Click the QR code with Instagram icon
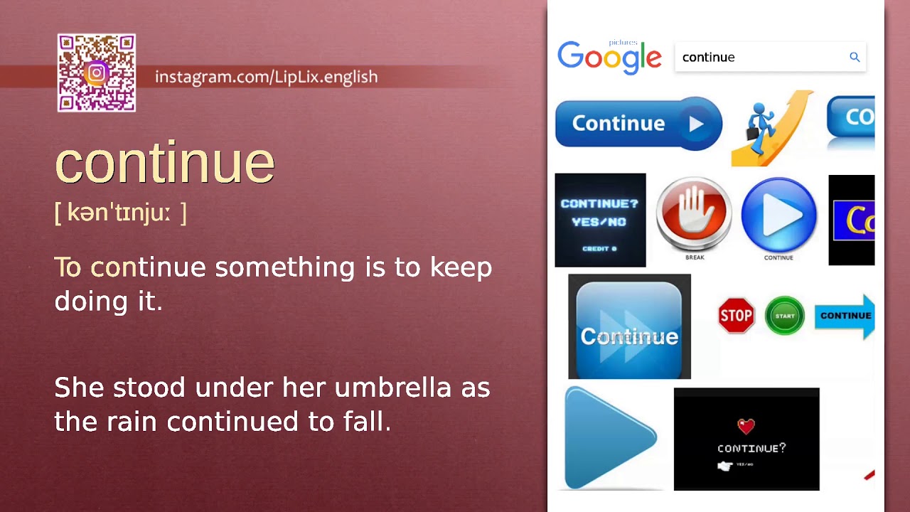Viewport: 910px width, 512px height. (x=97, y=73)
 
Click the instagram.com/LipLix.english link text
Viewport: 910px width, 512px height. (x=266, y=77)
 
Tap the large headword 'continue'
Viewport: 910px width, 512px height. (x=164, y=163)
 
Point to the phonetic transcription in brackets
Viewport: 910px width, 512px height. (x=120, y=213)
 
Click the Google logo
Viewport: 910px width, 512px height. (x=609, y=57)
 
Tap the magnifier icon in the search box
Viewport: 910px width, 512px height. (x=855, y=57)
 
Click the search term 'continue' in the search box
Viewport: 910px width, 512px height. (x=708, y=58)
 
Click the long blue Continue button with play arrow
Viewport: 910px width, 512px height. (x=638, y=123)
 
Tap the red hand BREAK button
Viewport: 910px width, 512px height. (x=694, y=214)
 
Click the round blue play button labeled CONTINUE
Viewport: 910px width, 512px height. (x=778, y=215)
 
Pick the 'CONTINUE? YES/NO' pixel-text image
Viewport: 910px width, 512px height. (x=600, y=220)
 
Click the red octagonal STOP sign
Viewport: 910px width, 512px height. (x=736, y=316)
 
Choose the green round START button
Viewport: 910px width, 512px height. (x=784, y=316)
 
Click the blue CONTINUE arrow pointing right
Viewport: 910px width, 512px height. (x=845, y=316)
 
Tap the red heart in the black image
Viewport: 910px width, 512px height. (x=746, y=426)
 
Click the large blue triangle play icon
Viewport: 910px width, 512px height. (x=609, y=437)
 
